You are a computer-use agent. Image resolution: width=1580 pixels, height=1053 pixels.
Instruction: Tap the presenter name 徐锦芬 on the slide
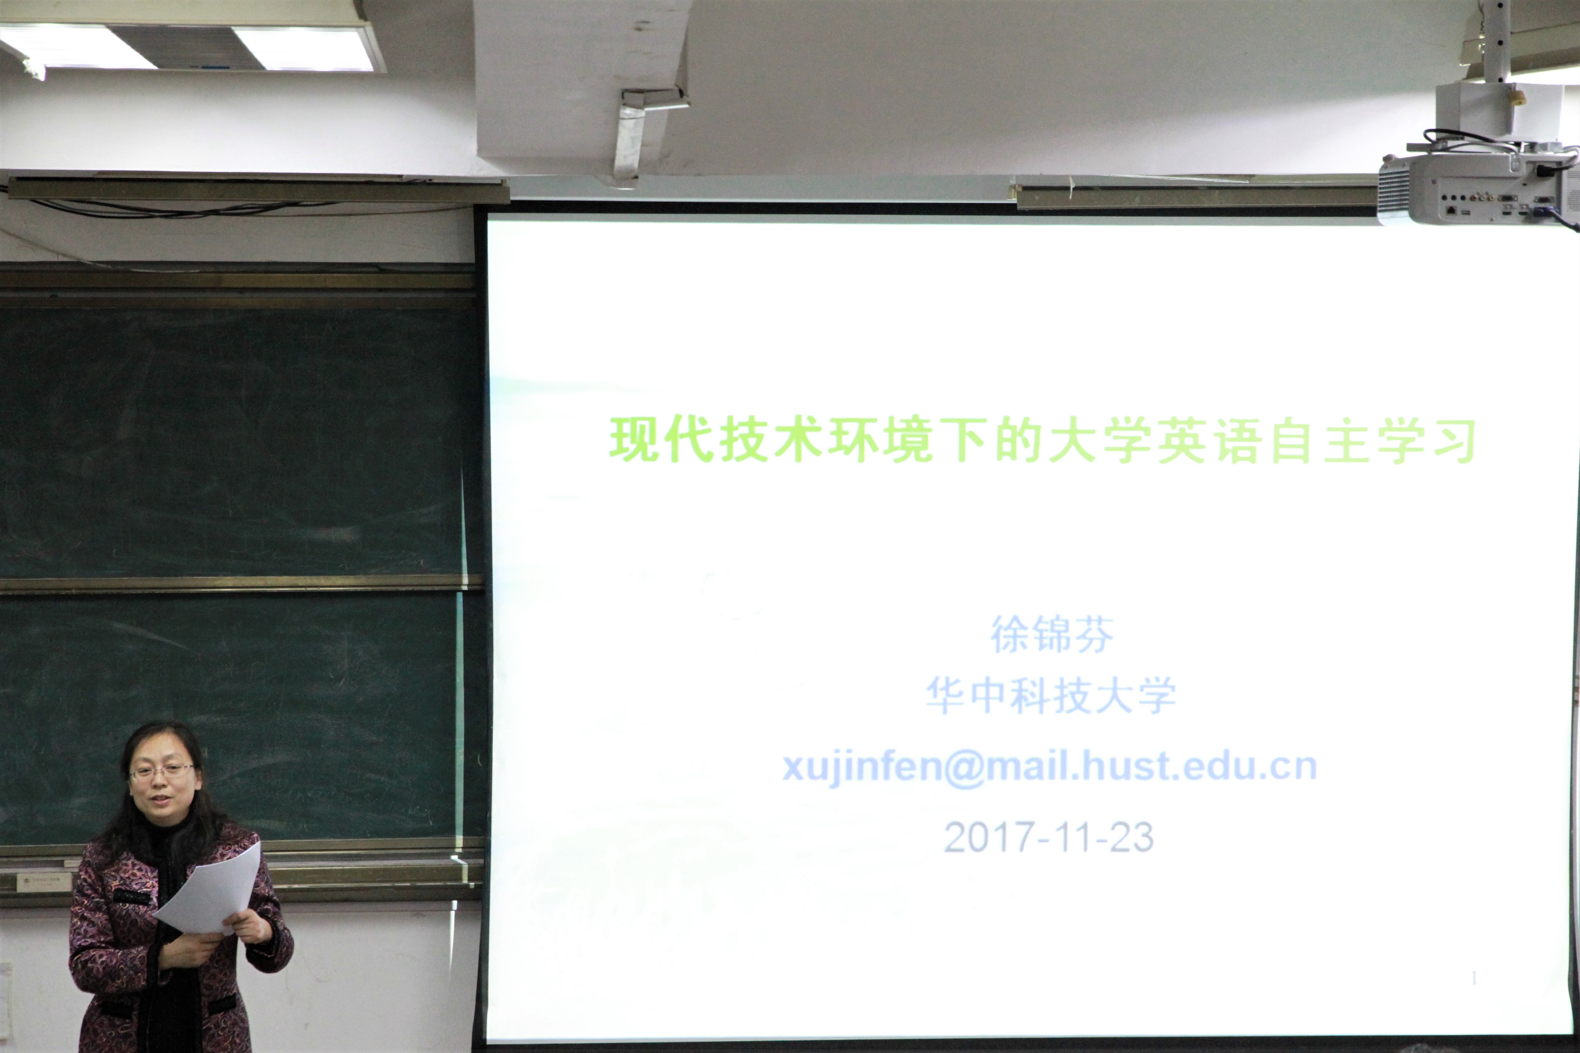1052,634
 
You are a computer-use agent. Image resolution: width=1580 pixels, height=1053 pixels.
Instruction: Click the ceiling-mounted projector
1478,188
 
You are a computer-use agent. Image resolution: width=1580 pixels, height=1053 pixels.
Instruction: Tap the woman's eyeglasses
162,771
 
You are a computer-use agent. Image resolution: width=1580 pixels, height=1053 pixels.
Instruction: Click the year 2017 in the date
987,837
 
